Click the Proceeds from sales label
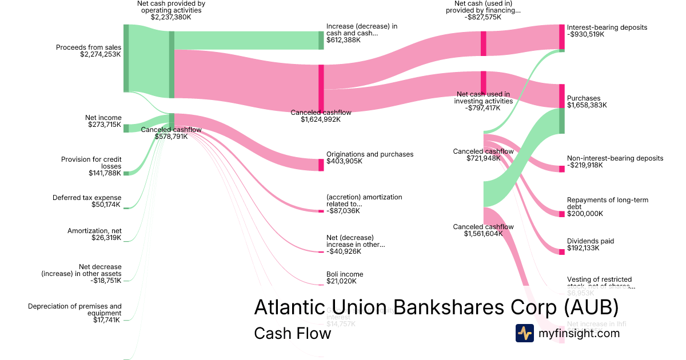pos(89,47)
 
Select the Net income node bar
pos(126,128)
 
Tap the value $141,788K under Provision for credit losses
pos(105,173)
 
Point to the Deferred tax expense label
pos(87,198)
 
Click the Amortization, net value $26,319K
pos(106,238)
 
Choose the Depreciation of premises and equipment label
pos(75,310)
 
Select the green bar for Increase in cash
pos(321,41)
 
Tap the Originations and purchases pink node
pos(321,165)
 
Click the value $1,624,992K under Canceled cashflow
pos(321,119)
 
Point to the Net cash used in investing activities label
pos(482,98)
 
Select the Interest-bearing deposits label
pos(607,27)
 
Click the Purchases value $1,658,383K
pos(587,105)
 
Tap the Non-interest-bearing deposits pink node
pos(561,169)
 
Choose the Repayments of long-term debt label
pos(599,203)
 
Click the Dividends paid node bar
pos(561,251)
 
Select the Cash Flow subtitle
pos(292,333)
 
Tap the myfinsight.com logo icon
pos(525,333)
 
